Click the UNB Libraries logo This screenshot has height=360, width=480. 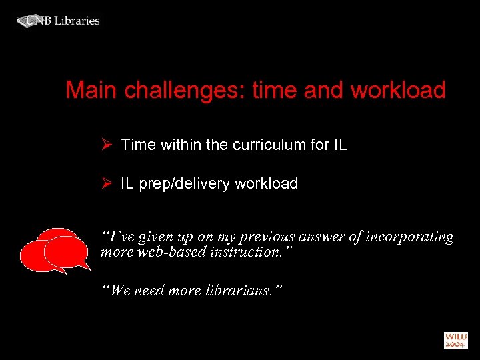pyautogui.click(x=59, y=21)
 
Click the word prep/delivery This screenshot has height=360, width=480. pyautogui.click(x=183, y=184)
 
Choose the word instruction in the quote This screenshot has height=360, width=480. pyautogui.click(x=247, y=253)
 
